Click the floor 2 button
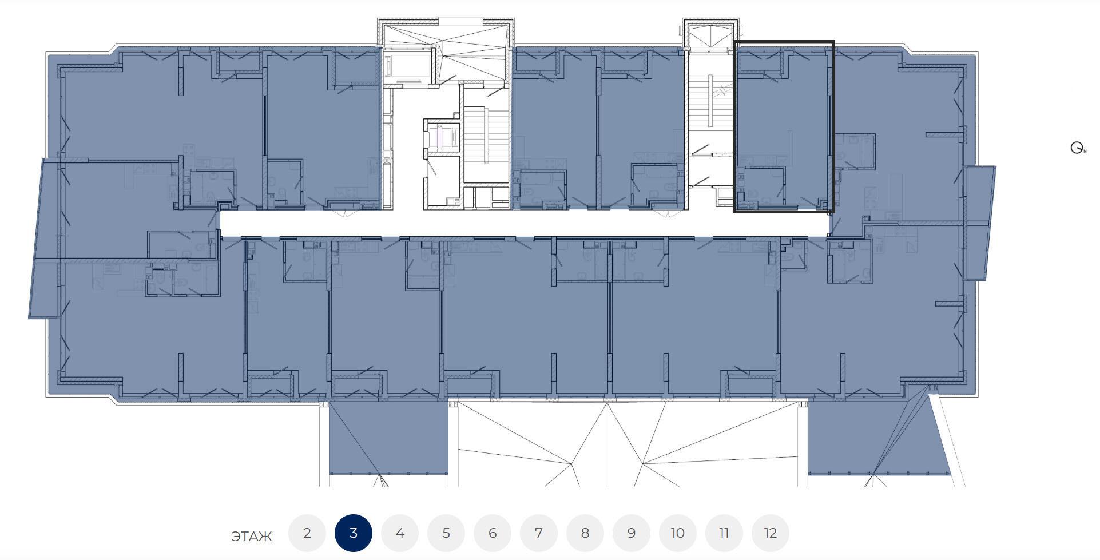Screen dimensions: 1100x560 (x=307, y=533)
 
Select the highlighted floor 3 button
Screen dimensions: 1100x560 (x=354, y=533)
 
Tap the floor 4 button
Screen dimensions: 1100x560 (x=400, y=533)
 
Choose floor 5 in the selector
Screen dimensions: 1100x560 (x=446, y=533)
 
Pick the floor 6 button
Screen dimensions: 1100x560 (x=493, y=533)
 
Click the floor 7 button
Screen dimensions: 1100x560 (x=539, y=533)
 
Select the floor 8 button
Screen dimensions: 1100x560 (x=585, y=533)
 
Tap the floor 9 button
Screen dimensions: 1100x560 (x=632, y=533)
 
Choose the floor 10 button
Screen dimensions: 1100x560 (x=678, y=533)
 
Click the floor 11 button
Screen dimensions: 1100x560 (x=724, y=533)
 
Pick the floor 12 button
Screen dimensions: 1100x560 (x=771, y=533)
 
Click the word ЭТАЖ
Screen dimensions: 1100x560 (x=252, y=537)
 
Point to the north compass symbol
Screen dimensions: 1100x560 (x=1078, y=148)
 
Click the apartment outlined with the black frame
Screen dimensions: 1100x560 (x=784, y=126)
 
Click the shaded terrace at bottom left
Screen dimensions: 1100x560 (x=388, y=438)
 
